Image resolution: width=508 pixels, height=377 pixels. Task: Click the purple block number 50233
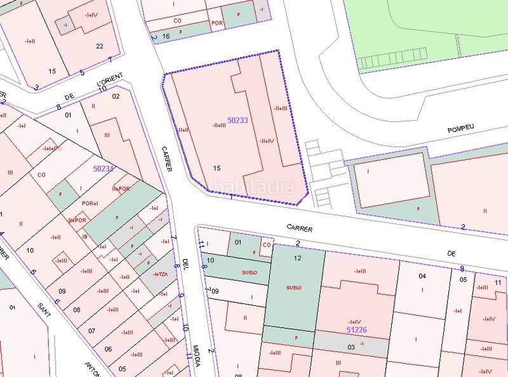237,119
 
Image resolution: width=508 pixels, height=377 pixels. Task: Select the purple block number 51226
357,330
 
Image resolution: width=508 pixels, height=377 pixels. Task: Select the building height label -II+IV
267,141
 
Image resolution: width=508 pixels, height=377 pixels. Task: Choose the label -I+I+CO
51,149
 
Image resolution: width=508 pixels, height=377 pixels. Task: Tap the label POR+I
90,203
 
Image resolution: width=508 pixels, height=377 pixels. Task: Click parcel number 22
100,46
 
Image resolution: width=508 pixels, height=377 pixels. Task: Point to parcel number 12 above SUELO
297,258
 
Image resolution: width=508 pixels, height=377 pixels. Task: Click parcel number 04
422,276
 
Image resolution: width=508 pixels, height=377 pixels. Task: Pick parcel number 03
351,347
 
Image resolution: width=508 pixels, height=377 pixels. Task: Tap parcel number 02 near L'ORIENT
116,96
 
